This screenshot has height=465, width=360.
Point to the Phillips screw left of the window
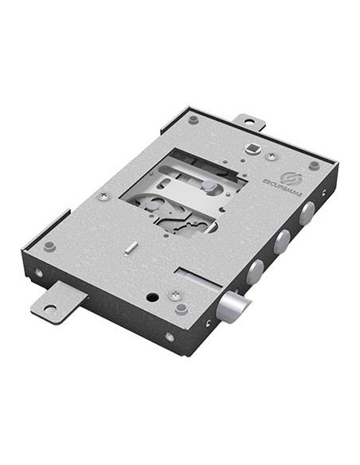tap(103, 196)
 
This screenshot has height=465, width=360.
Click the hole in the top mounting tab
tap(248, 122)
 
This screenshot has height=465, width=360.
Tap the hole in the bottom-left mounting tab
tap(50, 307)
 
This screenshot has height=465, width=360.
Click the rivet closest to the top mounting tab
tap(194, 119)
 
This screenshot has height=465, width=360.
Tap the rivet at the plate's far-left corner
tap(49, 246)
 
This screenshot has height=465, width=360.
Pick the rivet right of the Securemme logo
tap(314, 166)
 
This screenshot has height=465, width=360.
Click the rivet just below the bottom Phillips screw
tap(181, 309)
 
